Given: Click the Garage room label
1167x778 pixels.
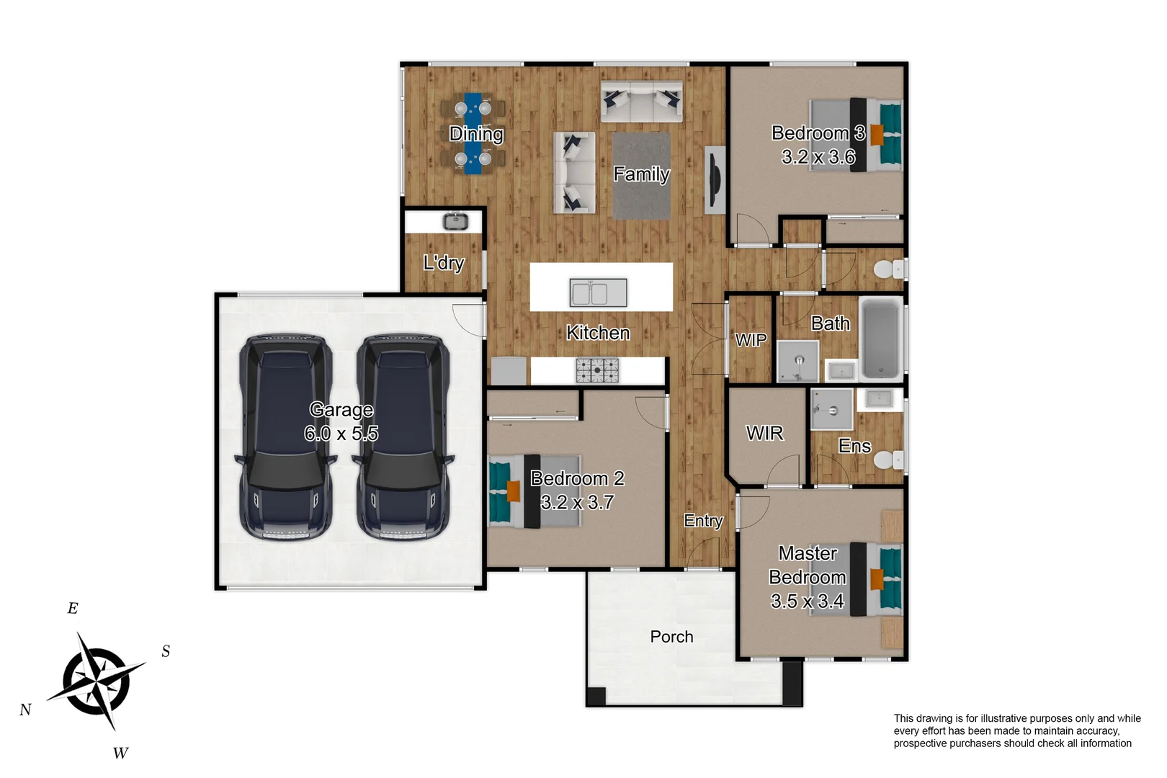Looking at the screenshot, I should pyautogui.click(x=341, y=410).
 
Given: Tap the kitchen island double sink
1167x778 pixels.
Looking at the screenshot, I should pyautogui.click(x=599, y=293).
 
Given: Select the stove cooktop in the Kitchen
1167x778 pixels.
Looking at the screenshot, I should pyautogui.click(x=597, y=370).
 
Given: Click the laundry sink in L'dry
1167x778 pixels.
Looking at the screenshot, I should pyautogui.click(x=455, y=221).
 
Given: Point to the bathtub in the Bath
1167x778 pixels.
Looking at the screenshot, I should pyautogui.click(x=880, y=338).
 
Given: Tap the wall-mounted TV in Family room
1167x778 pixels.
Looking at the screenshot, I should pyautogui.click(x=714, y=180).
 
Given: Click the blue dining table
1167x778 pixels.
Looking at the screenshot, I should pyautogui.click(x=473, y=134).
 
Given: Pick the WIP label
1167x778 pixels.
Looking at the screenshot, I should pyautogui.click(x=751, y=340).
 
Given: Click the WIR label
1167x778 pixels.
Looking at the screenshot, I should pyautogui.click(x=764, y=433).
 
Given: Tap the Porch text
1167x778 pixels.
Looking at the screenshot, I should pyautogui.click(x=671, y=637).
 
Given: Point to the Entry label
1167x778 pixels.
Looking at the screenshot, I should pyautogui.click(x=703, y=521).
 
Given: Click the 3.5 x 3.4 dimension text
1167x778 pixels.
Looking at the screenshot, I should pyautogui.click(x=807, y=601).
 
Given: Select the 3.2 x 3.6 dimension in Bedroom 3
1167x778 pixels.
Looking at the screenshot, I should pyautogui.click(x=818, y=157).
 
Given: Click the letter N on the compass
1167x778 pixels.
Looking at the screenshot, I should pyautogui.click(x=25, y=710).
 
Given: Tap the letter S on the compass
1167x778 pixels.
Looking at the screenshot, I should pyautogui.click(x=166, y=651).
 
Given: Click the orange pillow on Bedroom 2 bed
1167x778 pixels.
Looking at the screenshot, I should pyautogui.click(x=514, y=491).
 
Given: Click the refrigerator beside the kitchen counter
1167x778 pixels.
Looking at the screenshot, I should pyautogui.click(x=509, y=371).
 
